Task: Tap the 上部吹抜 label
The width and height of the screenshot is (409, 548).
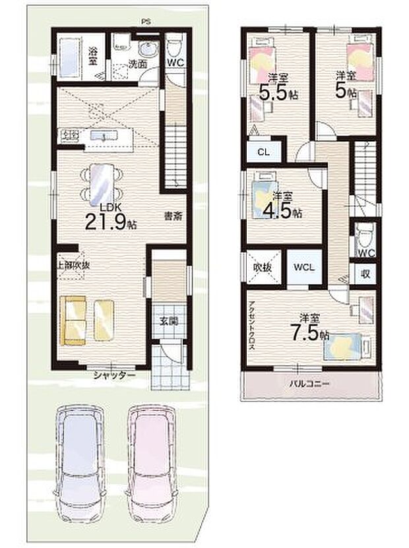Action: click(x=69, y=264)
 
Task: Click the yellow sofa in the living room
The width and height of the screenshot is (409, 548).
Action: click(x=75, y=320)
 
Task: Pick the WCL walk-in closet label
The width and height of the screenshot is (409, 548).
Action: click(x=304, y=268)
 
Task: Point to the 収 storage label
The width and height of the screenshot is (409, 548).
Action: click(x=365, y=273)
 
